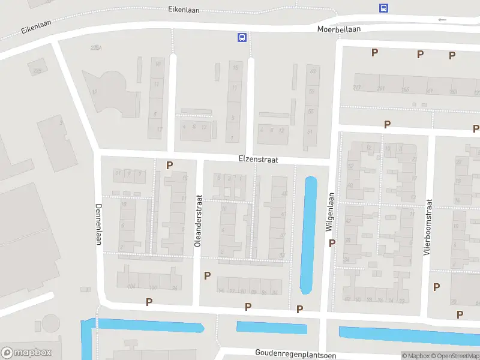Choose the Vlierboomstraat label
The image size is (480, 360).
click(x=428, y=227)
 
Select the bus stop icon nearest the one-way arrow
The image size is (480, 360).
click(x=383, y=8)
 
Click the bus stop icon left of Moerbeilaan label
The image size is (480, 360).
click(x=242, y=37)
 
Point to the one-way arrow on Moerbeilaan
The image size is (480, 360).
click(x=442, y=20)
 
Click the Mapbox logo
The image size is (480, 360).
click(x=26, y=352)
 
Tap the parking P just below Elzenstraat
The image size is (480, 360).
click(x=170, y=165)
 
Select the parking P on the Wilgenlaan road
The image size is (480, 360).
click(x=332, y=243)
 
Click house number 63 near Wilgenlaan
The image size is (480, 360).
click(x=312, y=71)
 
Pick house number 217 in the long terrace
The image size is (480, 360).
click(x=358, y=89)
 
